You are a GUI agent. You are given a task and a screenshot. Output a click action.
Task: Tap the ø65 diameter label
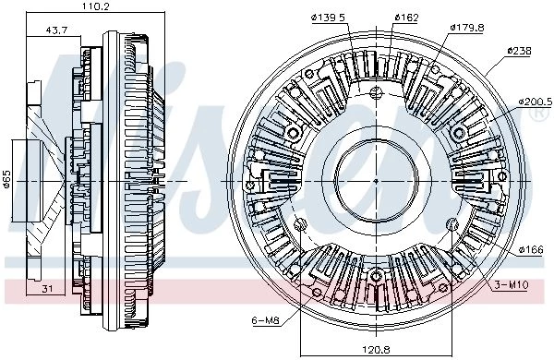click(x=7, y=180)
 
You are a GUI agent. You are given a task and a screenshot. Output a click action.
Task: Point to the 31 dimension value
click(x=47, y=289)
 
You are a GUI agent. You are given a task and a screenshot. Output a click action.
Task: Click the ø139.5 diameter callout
click(x=328, y=18)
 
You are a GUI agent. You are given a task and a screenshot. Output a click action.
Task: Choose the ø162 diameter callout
click(x=406, y=18)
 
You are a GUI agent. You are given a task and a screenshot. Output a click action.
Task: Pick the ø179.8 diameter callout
click(x=467, y=27)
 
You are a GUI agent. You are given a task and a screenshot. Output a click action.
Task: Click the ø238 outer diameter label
click(x=519, y=51)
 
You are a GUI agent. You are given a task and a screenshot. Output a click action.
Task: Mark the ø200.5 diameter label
click(x=536, y=102)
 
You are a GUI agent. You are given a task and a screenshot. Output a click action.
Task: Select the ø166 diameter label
click(x=531, y=250)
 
